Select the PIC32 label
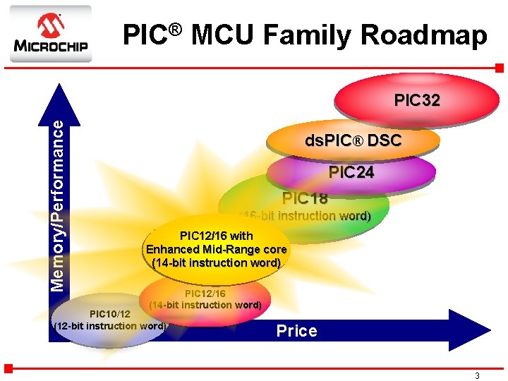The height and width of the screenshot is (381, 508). [x=417, y=100]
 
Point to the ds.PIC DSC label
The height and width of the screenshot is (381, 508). [x=353, y=140]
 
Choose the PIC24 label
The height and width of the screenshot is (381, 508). [x=351, y=172]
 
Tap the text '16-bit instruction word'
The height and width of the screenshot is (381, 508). [x=305, y=216]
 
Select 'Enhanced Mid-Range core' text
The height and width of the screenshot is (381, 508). [x=216, y=249]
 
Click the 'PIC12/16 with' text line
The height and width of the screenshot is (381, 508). [x=216, y=236]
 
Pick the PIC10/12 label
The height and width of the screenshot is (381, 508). [x=109, y=313]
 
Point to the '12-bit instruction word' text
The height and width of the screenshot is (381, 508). [x=110, y=326]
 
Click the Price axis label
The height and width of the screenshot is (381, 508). [x=296, y=331]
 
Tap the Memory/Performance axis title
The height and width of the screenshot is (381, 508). [x=61, y=205]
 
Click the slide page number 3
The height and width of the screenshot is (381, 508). [x=477, y=376]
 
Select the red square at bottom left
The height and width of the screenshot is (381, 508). [x=8, y=368]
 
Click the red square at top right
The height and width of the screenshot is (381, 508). [x=499, y=68]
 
